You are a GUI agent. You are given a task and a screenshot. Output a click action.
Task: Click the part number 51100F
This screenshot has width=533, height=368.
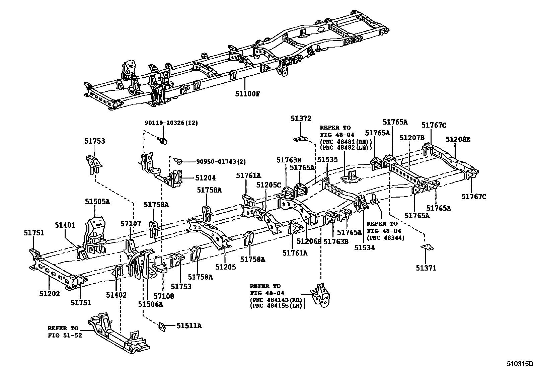click(247, 94)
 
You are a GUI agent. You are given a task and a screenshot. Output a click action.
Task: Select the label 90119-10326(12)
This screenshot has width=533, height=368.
click(171, 123)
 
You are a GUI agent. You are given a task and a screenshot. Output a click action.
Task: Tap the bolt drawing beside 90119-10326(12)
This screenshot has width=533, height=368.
click(163, 141)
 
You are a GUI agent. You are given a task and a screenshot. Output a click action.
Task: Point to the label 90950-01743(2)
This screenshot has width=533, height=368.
click(215, 162)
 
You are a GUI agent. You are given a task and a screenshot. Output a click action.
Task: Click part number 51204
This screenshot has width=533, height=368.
click(206, 178)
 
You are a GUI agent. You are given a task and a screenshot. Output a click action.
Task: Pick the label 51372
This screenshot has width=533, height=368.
click(301, 118)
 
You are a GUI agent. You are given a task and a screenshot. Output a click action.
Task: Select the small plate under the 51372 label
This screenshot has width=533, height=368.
click(301, 139)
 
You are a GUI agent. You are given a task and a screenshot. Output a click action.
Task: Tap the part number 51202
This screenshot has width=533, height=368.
click(49, 294)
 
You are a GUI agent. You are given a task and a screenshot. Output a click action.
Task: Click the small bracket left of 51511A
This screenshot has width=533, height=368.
click(162, 326)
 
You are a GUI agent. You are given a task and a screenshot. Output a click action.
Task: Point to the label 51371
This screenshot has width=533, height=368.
click(426, 268)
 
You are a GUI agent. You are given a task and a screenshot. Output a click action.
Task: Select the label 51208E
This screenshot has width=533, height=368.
click(458, 139)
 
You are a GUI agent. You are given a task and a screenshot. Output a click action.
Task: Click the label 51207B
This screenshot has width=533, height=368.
click(412, 138)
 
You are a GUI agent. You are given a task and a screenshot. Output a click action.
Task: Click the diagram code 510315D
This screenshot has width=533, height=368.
click(519, 364)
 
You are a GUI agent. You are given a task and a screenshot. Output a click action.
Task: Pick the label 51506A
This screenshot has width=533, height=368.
click(150, 304)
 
